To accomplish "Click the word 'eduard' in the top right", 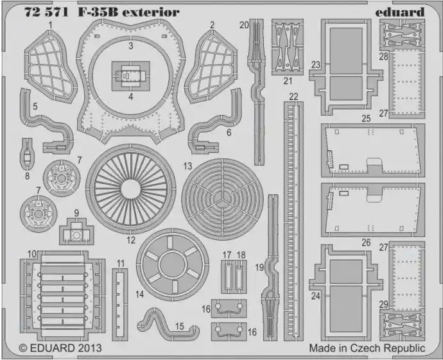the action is click(400, 12).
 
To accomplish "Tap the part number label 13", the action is click(187, 166).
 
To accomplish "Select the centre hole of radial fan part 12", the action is click(131, 189).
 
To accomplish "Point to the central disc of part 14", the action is click(173, 265).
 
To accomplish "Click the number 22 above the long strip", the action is click(293, 97).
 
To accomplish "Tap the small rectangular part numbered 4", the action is click(130, 76).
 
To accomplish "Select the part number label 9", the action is click(76, 213).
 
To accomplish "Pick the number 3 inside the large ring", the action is click(130, 46).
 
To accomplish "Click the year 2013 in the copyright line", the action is click(89, 348).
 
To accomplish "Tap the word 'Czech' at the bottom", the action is click(365, 348).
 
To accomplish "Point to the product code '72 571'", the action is click(46, 12).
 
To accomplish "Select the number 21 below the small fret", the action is click(288, 81).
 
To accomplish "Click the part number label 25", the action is click(366, 118).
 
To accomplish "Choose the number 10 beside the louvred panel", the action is click(31, 254).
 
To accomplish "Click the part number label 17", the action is click(227, 255).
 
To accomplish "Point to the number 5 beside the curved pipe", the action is click(35, 107).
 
